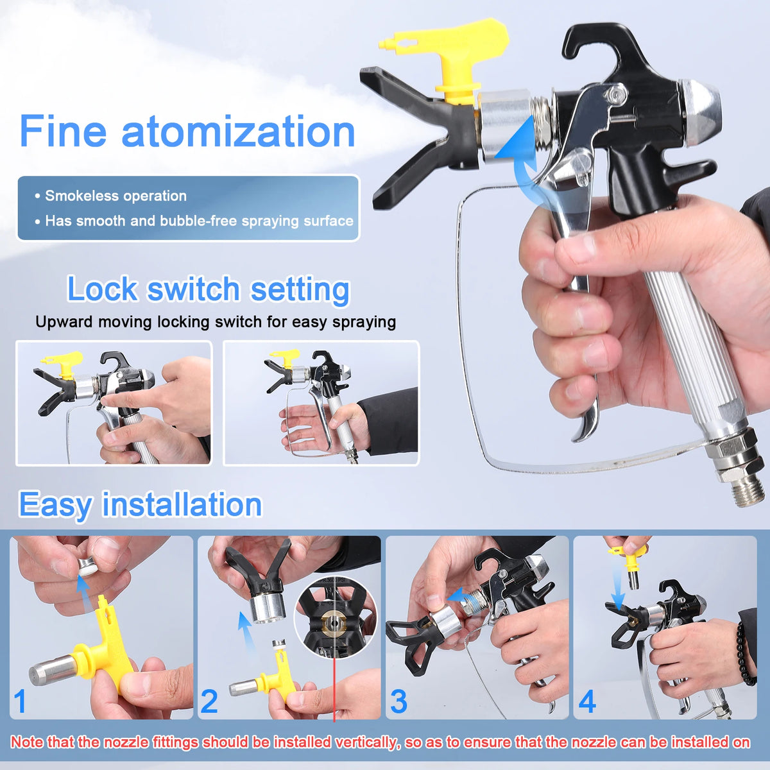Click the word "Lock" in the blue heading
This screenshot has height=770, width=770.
[102, 289]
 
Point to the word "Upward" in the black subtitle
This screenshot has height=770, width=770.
[64, 322]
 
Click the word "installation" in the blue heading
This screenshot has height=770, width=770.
[182, 504]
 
